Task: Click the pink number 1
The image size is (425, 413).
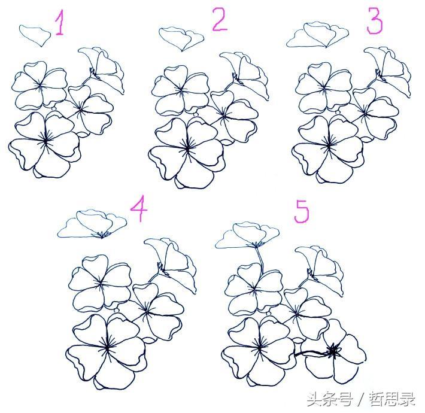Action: pos(60,22)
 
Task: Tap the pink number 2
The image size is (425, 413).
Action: pos(220,19)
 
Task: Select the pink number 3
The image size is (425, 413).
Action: pos(375,20)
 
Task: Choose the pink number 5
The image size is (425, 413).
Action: pos(302,211)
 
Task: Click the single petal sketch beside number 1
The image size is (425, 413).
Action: pos(35,35)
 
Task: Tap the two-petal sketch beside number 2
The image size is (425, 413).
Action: pos(181,38)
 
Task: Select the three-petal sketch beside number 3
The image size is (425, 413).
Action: pos(317,35)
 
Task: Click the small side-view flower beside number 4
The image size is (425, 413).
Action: pos(92,224)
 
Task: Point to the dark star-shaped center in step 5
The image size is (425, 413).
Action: pos(333,351)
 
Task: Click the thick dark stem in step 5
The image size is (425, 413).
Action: pos(312,353)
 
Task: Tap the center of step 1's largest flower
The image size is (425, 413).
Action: pos(45,140)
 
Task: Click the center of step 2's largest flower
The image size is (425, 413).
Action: pos(187,148)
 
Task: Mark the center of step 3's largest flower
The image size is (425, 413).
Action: pos(329,146)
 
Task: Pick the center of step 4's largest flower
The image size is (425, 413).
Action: pos(107,346)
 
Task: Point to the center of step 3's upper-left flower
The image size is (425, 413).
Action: pos(324,87)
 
